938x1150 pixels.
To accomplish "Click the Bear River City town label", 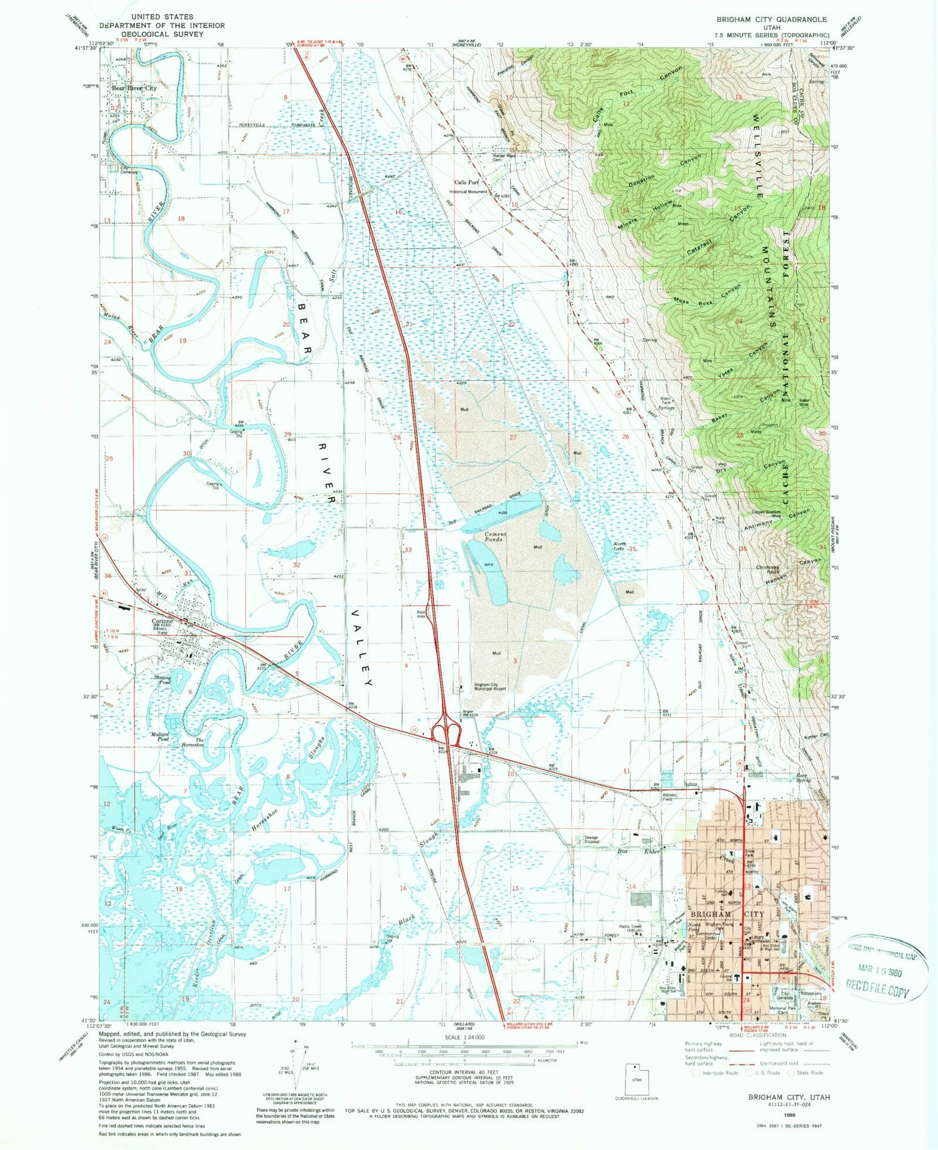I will tap(134, 89).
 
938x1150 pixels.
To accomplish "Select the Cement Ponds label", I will tap(495, 537).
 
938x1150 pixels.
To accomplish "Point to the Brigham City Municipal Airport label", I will tap(489, 686).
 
